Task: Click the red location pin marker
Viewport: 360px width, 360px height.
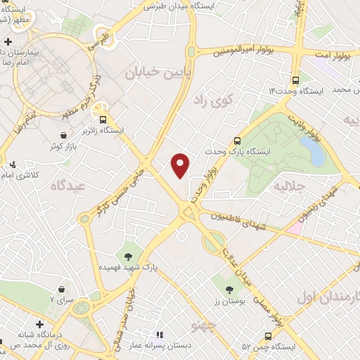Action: tap(181, 165)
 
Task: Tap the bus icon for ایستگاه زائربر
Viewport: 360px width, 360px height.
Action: tap(104, 119)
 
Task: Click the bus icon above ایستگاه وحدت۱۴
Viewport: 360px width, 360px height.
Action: tap(295, 80)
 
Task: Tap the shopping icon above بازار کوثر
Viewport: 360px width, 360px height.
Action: tap(64, 134)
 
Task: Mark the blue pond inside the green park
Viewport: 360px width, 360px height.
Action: tap(309, 148)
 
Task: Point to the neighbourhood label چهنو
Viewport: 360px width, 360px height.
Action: tap(203, 325)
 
